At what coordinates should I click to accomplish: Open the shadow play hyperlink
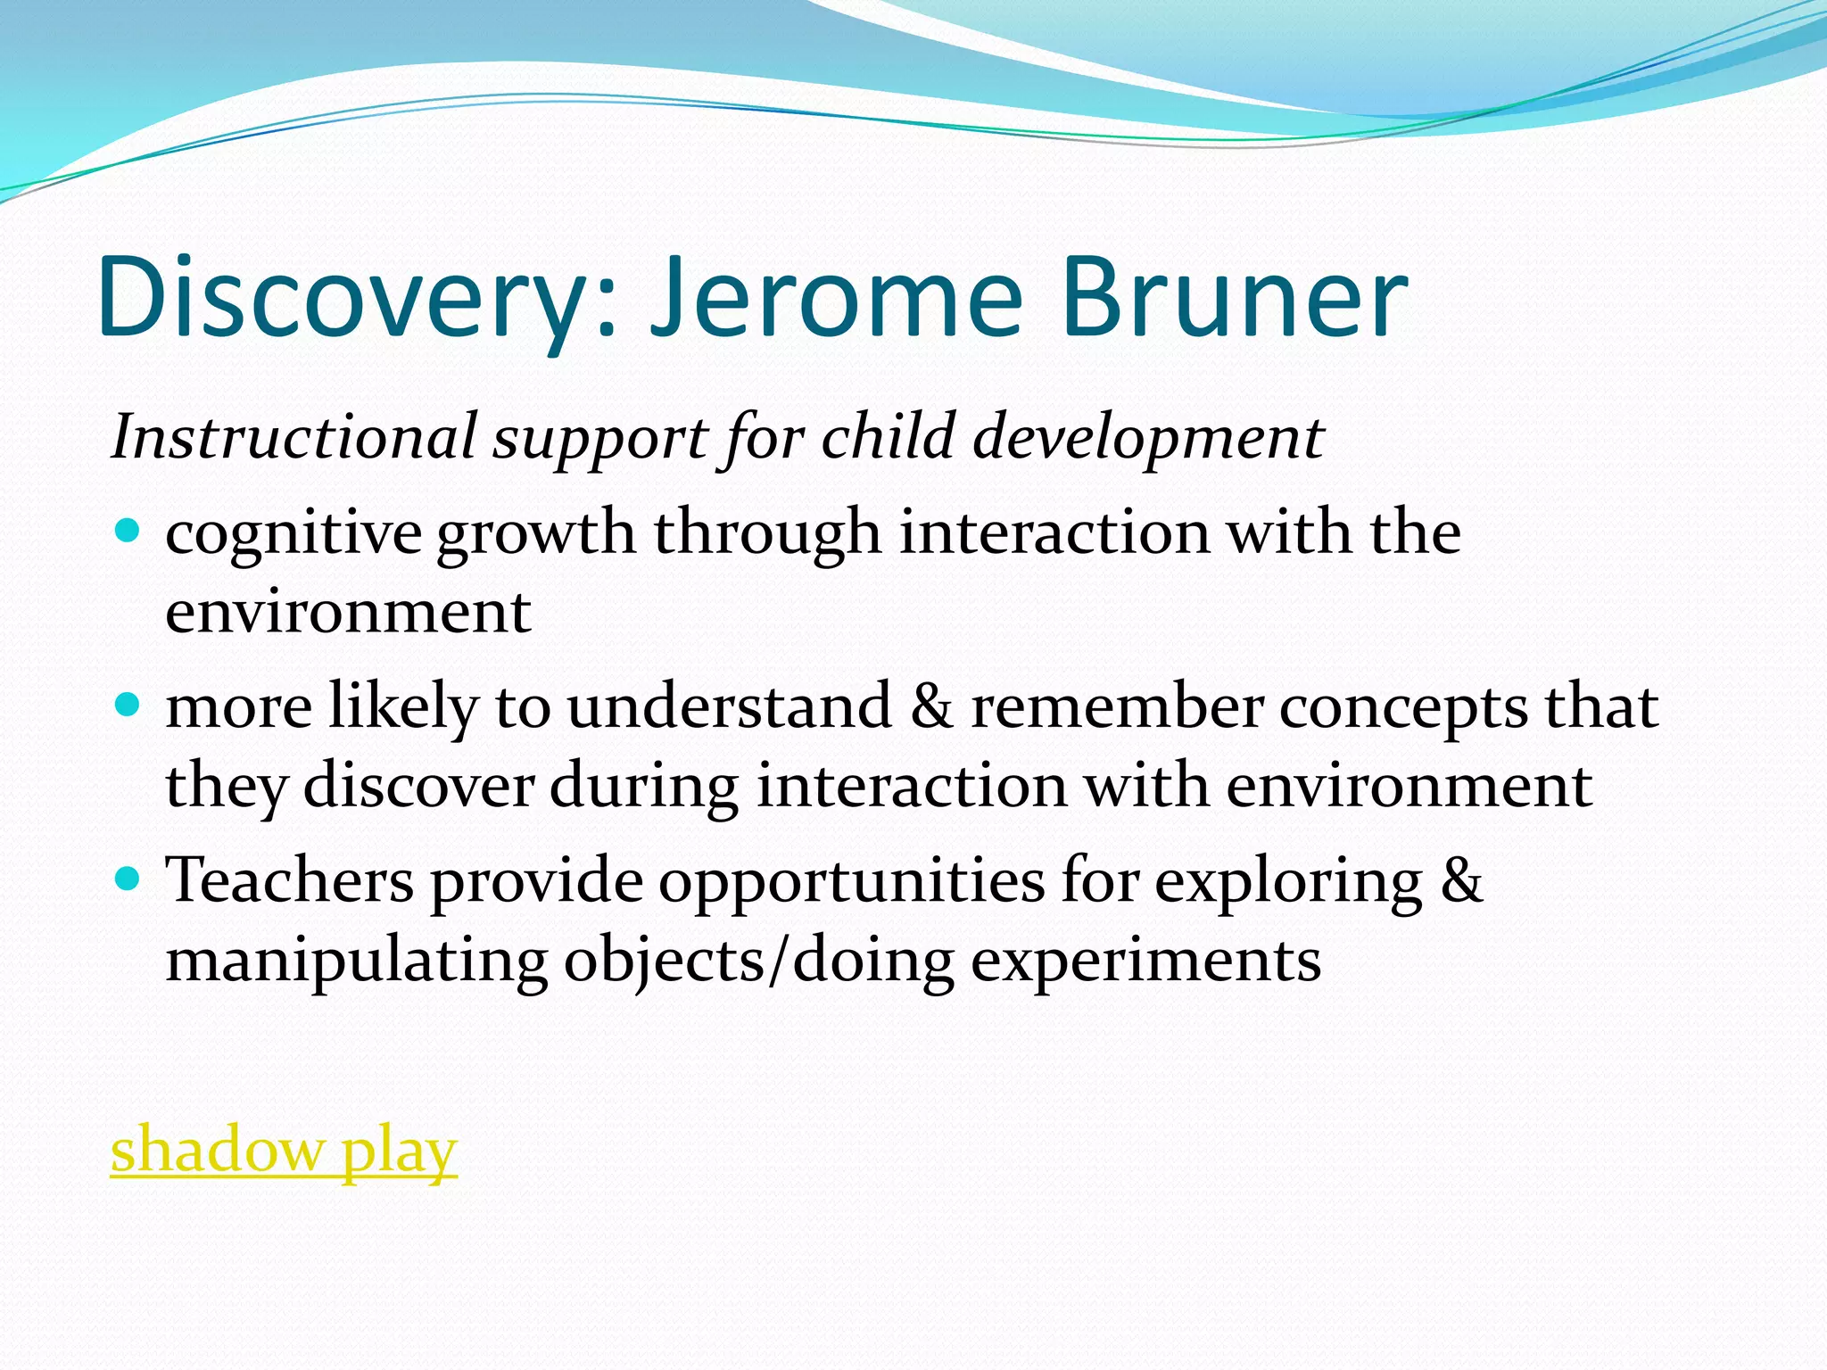click(x=284, y=1151)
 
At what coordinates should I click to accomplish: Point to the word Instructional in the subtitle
click(x=293, y=437)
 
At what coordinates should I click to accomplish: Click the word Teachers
click(x=290, y=881)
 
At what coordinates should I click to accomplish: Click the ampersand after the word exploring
click(x=1461, y=881)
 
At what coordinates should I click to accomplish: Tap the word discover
click(x=418, y=787)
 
